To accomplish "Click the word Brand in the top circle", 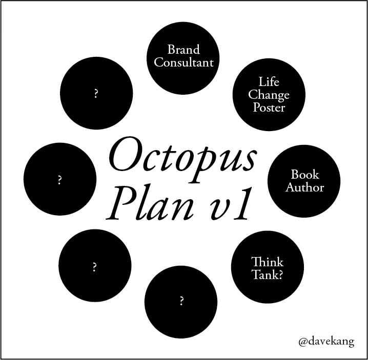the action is (x=183, y=50).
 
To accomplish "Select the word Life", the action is (x=269, y=82).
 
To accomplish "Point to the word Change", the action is (x=269, y=95).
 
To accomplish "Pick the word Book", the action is (x=304, y=175).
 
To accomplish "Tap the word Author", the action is (x=304, y=187).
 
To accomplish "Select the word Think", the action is (x=268, y=262).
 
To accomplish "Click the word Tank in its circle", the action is (x=263, y=274).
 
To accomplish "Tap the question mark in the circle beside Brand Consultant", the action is (x=96, y=94).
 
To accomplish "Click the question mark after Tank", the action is (x=280, y=274).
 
